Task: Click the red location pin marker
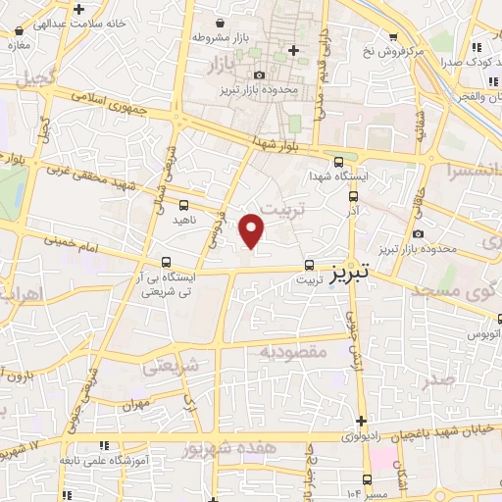[253, 230]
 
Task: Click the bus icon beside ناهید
[184, 205]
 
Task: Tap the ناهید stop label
[184, 222]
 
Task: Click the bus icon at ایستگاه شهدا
[338, 163]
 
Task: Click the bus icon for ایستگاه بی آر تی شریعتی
[166, 263]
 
